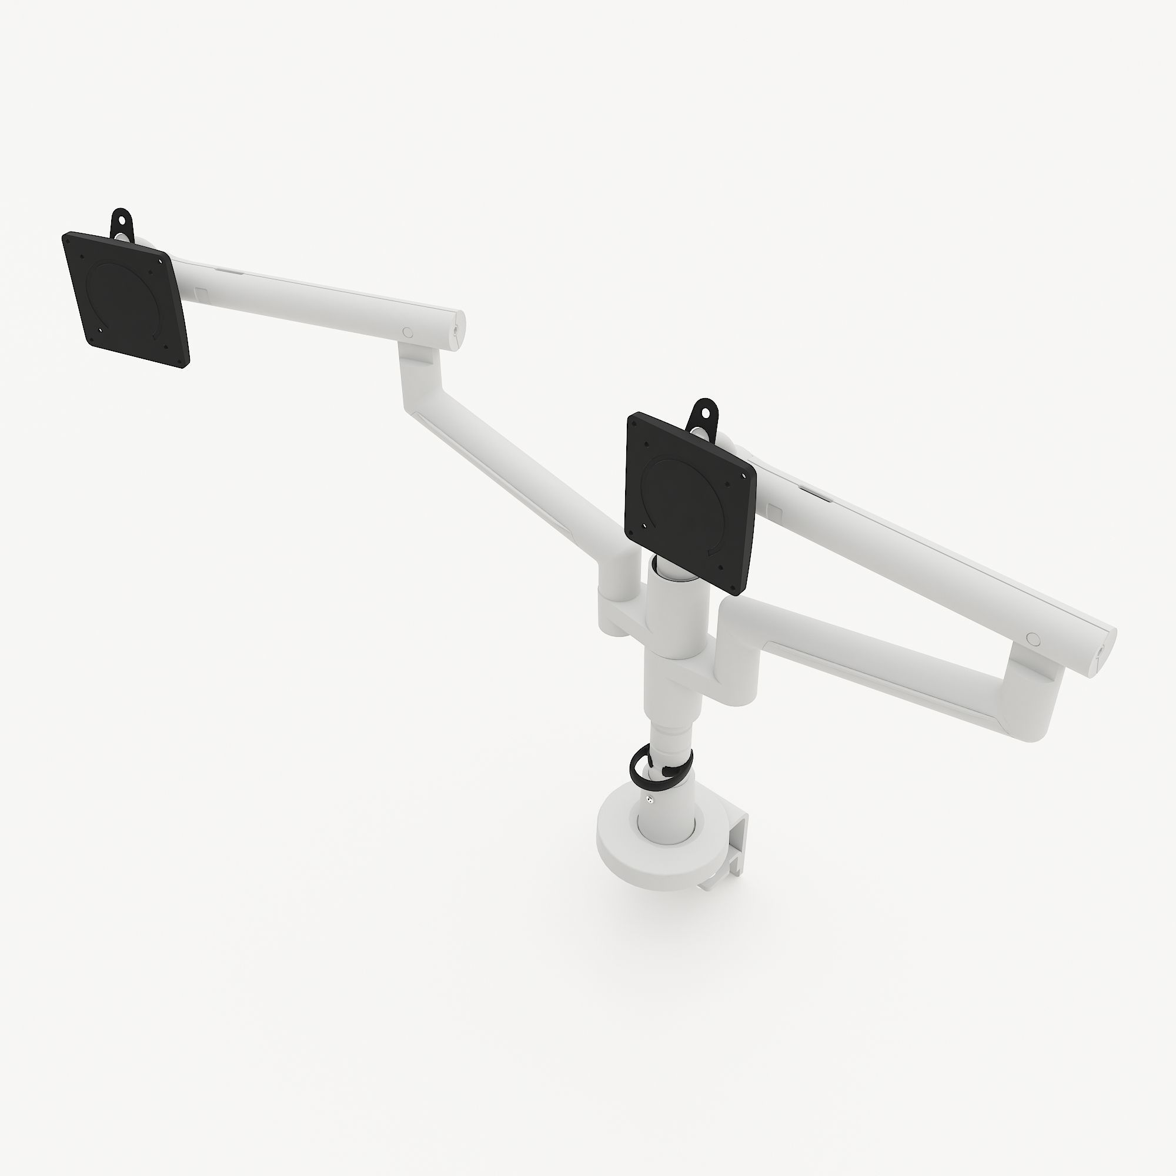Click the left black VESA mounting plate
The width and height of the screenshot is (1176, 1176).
pyautogui.click(x=125, y=299)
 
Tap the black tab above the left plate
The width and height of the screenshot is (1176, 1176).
pyautogui.click(x=122, y=220)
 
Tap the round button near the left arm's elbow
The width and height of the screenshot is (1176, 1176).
pyautogui.click(x=408, y=332)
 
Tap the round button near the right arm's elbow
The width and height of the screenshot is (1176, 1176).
pyautogui.click(x=1033, y=638)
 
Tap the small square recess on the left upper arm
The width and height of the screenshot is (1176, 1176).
pyautogui.click(x=203, y=293)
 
